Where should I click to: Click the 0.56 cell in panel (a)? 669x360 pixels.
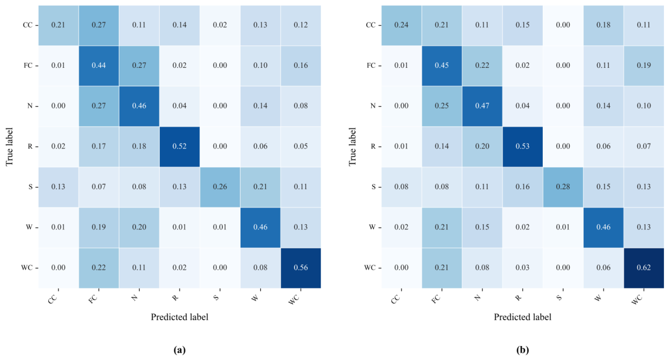301,268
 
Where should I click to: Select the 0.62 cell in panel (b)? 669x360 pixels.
644,268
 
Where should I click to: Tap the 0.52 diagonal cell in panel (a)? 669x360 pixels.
179,146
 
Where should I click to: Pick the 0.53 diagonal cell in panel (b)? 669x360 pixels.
523,146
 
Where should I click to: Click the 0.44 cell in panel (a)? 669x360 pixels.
99,66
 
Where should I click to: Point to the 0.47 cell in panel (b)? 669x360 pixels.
482,106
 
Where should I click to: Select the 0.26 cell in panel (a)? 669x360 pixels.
220,187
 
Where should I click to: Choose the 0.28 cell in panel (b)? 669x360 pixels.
563,187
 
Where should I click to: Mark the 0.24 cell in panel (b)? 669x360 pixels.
402,25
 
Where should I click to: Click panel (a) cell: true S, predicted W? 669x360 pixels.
260,187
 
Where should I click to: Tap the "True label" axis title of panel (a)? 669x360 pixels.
10,146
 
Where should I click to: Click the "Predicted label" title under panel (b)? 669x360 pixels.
523,317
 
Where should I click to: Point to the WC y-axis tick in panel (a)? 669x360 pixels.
27,268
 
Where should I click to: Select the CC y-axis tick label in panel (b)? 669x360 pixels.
371,25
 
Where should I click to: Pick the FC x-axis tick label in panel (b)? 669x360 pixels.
436,298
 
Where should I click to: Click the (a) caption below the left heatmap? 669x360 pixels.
179,350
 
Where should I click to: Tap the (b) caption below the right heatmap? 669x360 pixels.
523,350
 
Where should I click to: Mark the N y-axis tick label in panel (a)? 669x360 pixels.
30,106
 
